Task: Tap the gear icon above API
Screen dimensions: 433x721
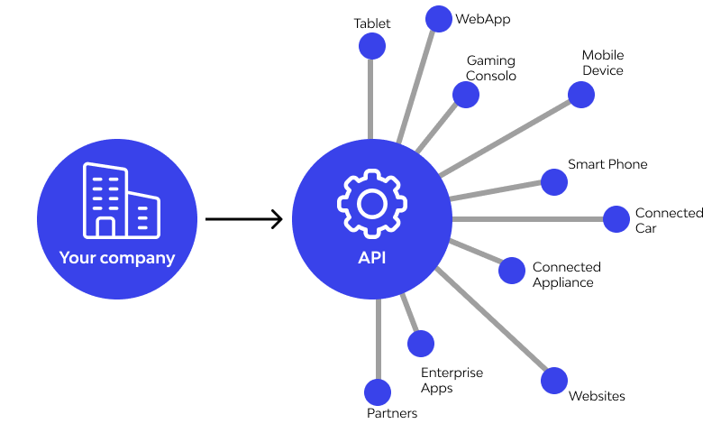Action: click(371, 204)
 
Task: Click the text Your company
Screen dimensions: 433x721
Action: click(117, 258)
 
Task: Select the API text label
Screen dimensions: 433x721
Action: click(372, 258)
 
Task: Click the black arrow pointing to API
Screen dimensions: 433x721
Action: click(243, 219)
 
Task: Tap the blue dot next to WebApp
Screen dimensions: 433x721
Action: click(438, 18)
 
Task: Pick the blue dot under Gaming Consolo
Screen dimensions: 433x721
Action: click(466, 95)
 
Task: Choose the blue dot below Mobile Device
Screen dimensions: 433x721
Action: click(581, 94)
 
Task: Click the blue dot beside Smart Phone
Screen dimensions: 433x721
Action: click(553, 181)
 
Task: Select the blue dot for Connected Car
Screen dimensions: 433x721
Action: click(616, 219)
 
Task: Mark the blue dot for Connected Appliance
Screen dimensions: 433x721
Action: click(512, 270)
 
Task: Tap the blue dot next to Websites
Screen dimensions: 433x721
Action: click(554, 380)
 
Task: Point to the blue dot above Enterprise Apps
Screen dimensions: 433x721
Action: click(421, 343)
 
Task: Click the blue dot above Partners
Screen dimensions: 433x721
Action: click(378, 392)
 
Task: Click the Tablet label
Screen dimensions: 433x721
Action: click(372, 23)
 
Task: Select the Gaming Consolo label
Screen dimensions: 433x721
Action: click(491, 69)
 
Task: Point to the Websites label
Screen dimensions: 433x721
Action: click(597, 396)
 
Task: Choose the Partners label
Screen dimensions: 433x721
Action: click(392, 414)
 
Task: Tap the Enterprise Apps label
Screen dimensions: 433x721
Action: click(452, 381)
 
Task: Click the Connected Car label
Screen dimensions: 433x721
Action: click(669, 220)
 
